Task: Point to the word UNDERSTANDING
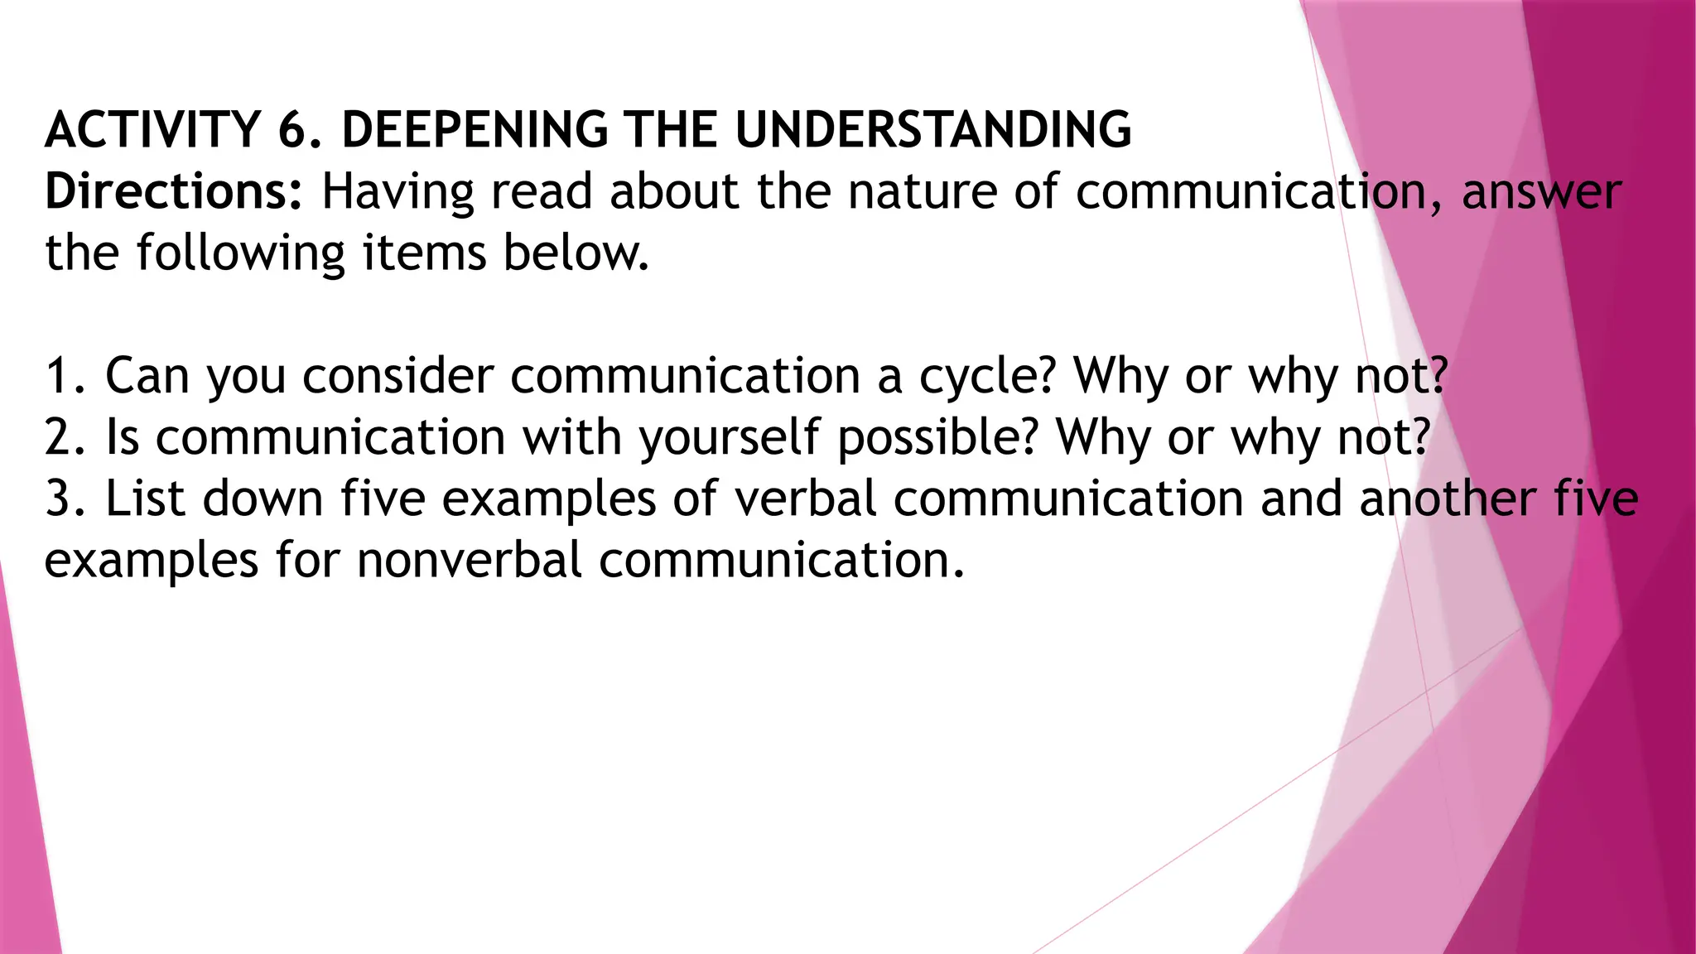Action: click(932, 130)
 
